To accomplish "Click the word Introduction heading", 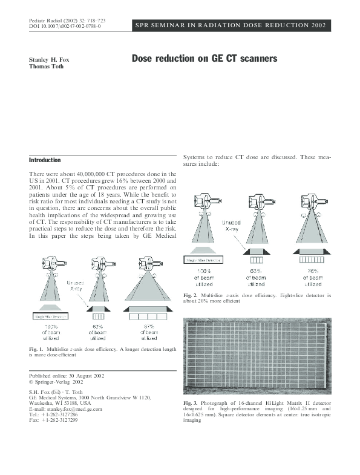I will pos(45,160).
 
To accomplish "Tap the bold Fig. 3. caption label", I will pos(191,402).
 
